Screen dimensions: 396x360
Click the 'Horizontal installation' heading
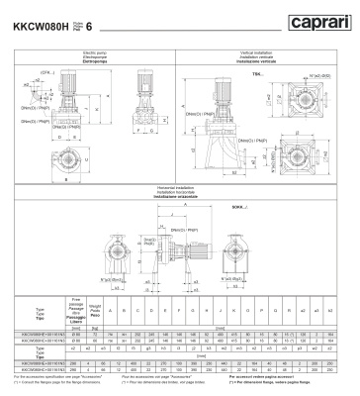point(179,186)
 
